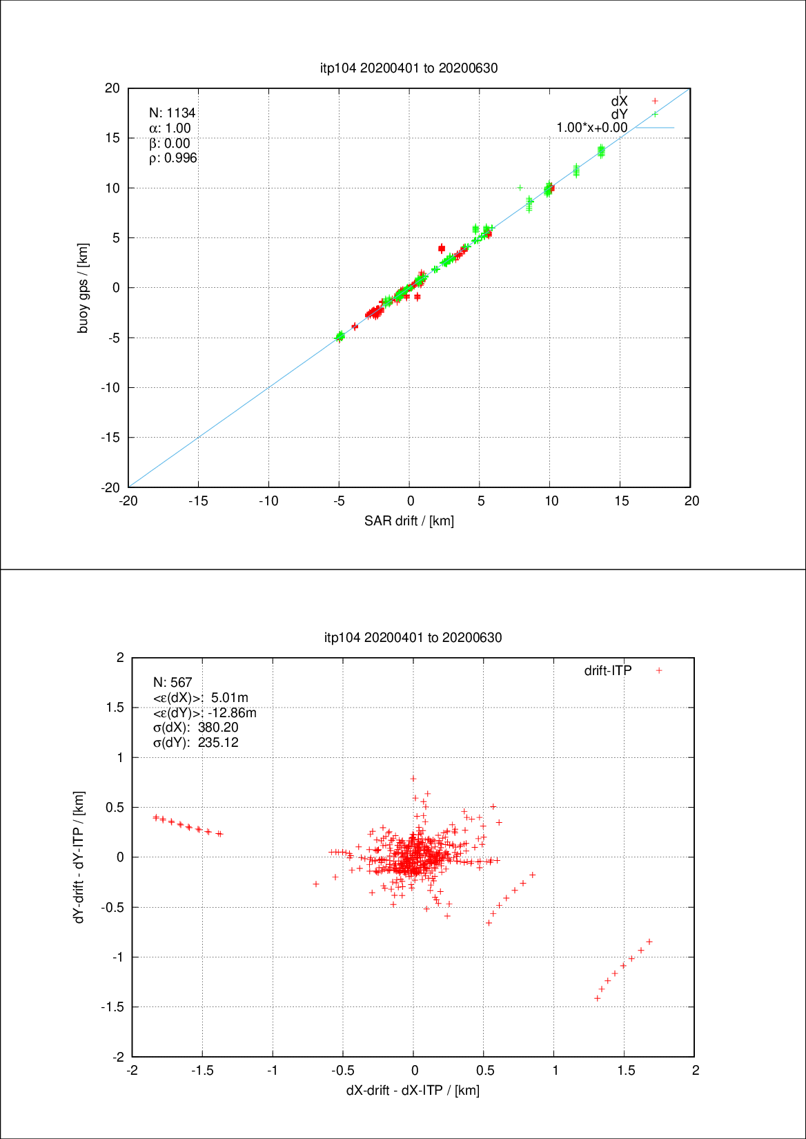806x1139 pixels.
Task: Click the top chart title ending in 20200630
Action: click(x=409, y=68)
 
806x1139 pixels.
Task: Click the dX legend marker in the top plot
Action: click(x=655, y=101)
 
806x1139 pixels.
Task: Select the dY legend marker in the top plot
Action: click(x=655, y=114)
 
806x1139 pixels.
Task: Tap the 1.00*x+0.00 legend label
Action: click(x=592, y=128)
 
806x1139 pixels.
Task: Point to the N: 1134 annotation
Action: click(x=173, y=113)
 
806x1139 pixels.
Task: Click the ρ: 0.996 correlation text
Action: click(x=173, y=158)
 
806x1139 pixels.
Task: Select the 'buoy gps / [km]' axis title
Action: click(x=83, y=288)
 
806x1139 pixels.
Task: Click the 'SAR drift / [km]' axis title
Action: click(x=409, y=520)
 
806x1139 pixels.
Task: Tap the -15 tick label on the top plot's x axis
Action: click(x=198, y=501)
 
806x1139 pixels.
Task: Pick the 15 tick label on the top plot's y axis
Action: click(x=112, y=138)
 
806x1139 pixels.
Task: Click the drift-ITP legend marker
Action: click(x=659, y=670)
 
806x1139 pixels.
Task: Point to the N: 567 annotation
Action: click(x=173, y=682)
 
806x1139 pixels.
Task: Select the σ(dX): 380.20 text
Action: click(x=195, y=728)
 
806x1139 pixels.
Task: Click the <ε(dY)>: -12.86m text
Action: click(x=204, y=712)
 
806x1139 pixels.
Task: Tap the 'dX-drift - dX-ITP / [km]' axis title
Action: click(x=413, y=1090)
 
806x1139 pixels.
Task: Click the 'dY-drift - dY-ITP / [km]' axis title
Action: click(x=79, y=857)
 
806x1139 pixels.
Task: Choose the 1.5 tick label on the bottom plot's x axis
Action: click(x=626, y=1071)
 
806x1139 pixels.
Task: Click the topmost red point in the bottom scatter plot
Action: click(x=413, y=779)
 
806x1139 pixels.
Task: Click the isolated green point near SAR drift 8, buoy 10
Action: click(x=520, y=187)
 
